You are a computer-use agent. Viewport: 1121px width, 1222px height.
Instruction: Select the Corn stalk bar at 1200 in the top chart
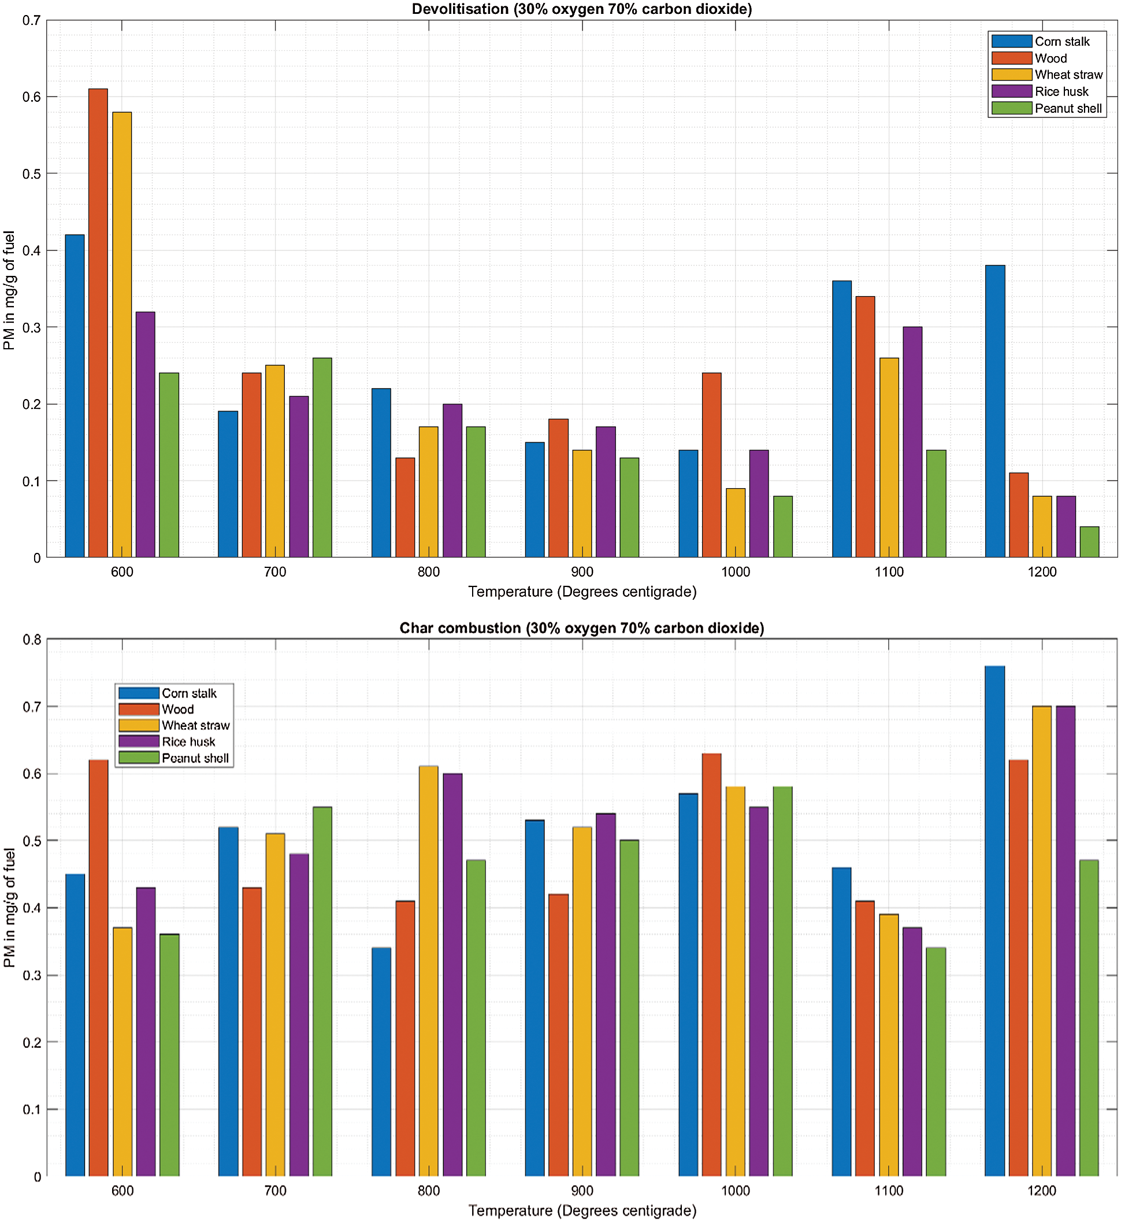[x=995, y=411]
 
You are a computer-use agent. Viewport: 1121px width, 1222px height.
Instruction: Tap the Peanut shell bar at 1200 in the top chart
[x=1089, y=541]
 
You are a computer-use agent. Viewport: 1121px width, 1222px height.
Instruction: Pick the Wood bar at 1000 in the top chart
[x=711, y=465]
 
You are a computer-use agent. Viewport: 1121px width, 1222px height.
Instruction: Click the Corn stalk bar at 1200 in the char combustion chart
[x=995, y=921]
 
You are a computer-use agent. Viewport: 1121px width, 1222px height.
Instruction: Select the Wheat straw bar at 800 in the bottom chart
[x=428, y=971]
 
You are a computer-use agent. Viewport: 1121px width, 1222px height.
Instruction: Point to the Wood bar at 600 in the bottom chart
[x=98, y=968]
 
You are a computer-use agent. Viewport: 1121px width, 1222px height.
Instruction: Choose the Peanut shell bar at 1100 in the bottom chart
[x=936, y=1062]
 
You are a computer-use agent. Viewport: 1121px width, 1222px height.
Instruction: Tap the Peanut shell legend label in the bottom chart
[x=195, y=758]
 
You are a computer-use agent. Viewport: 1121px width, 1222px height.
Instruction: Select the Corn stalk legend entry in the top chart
[x=1061, y=41]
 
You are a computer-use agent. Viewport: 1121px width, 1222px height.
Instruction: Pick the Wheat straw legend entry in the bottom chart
[x=195, y=725]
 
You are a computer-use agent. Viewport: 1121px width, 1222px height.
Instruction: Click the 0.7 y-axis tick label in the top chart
[x=32, y=21]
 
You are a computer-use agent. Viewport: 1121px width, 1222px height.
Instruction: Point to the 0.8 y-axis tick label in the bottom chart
[x=32, y=640]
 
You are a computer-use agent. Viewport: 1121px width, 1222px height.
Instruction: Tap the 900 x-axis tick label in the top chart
[x=582, y=572]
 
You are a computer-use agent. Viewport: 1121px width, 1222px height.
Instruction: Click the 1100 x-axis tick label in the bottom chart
[x=889, y=1191]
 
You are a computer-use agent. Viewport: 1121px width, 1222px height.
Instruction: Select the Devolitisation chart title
[x=582, y=9]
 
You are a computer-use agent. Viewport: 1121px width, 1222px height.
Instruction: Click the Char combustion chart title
[x=582, y=628]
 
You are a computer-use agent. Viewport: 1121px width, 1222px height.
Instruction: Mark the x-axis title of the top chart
[x=582, y=592]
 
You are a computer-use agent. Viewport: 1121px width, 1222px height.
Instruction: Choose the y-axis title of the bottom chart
[x=9, y=907]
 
